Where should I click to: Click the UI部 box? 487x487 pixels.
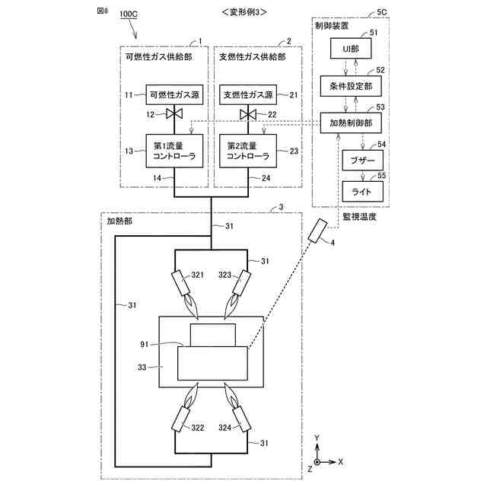pos(351,49)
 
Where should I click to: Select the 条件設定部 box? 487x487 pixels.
pos(351,87)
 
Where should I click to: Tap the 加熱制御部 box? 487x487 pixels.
pos(351,123)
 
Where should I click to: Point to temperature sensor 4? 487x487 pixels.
pos(317,231)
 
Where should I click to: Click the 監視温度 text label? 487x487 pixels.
pos(360,217)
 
